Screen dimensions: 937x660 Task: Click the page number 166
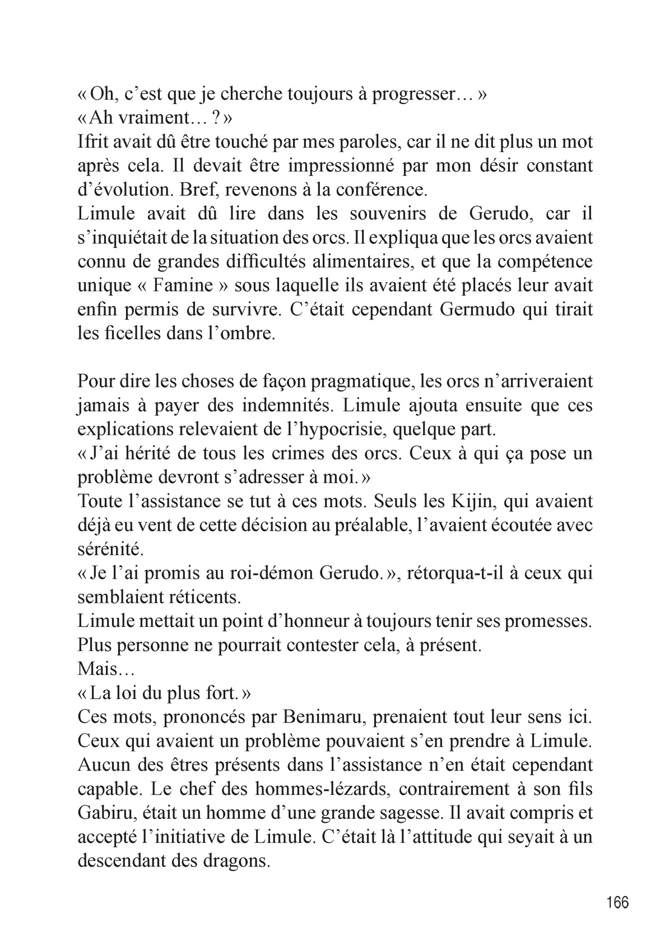[x=617, y=902]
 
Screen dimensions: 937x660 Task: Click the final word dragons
[x=230, y=860]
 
